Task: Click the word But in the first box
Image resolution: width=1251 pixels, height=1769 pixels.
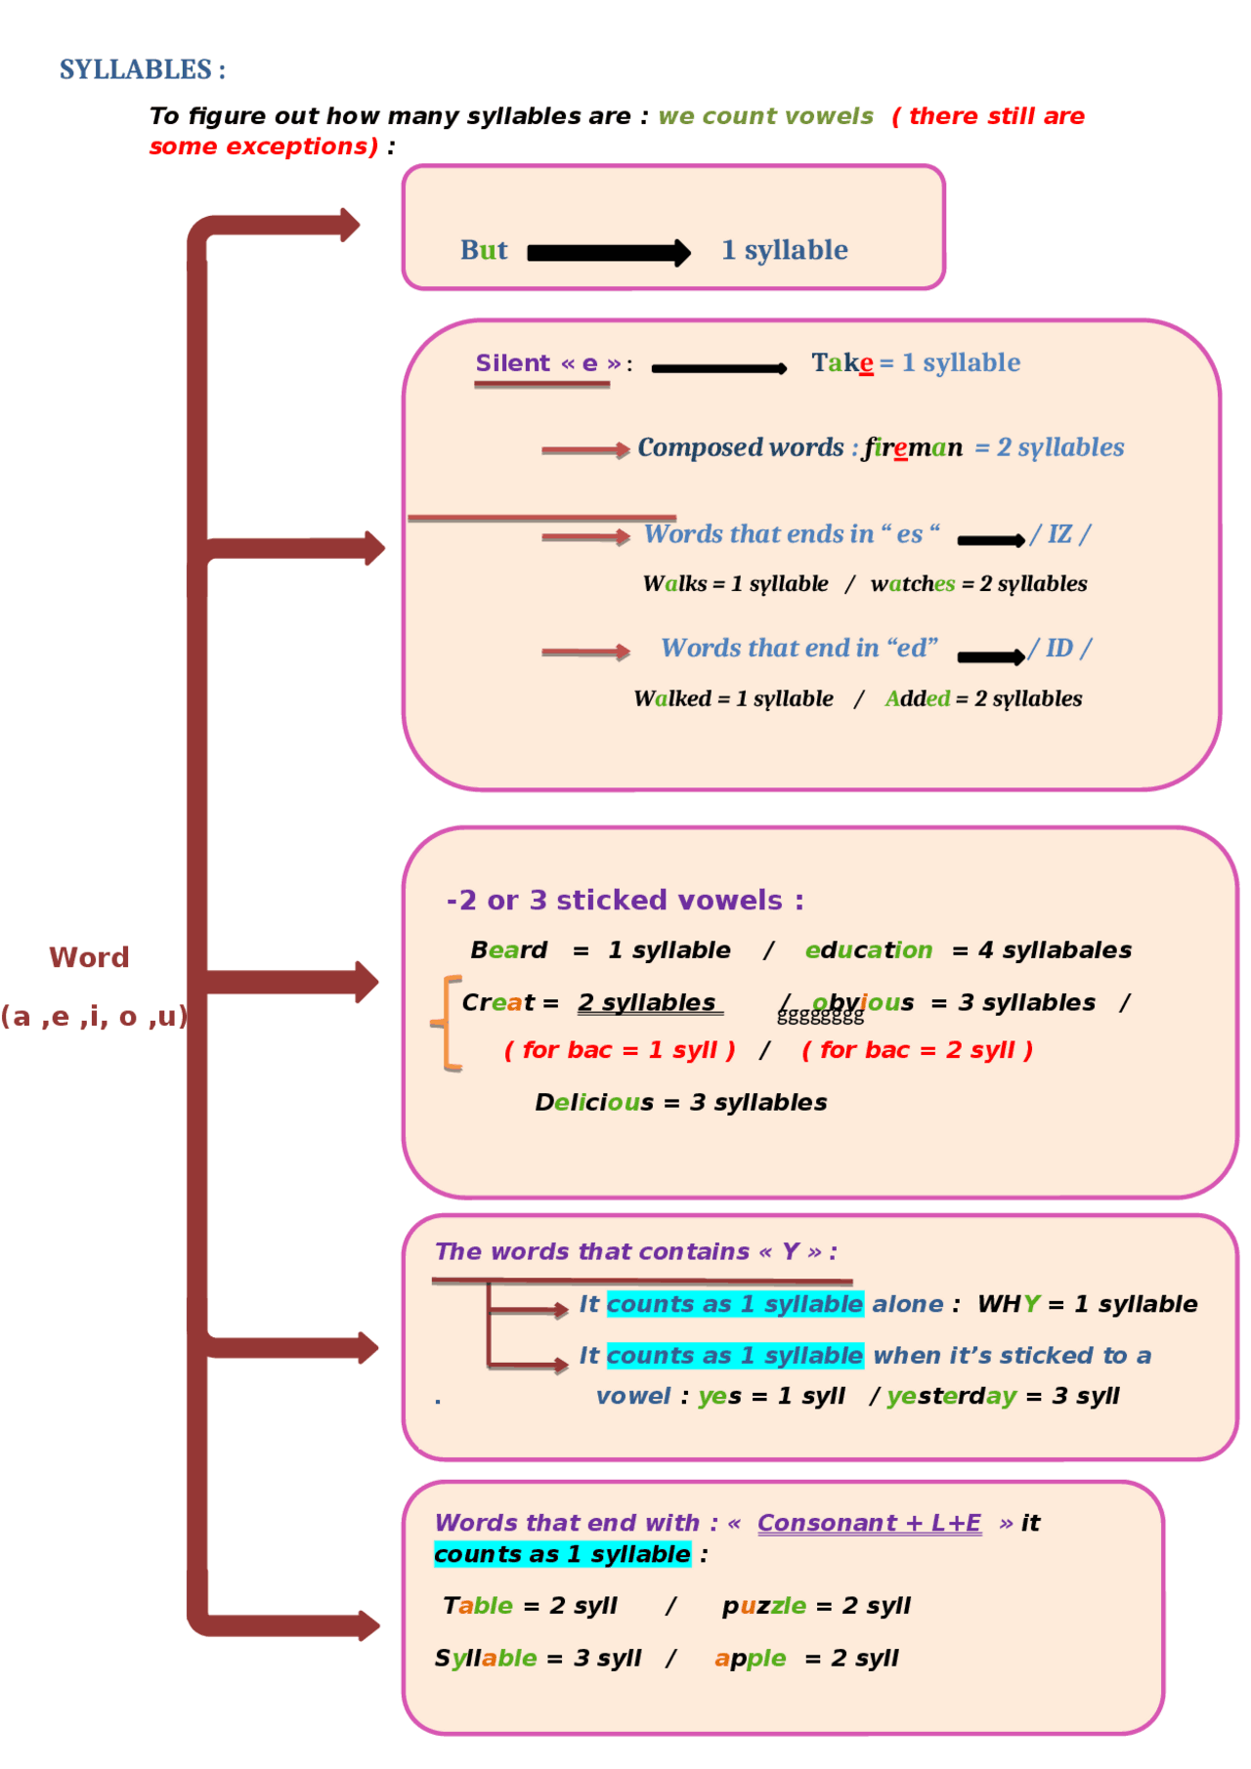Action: pyautogui.click(x=484, y=250)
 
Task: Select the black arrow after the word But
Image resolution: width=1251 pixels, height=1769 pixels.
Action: pyautogui.click(x=608, y=253)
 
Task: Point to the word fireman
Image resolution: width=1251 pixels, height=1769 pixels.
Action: pyautogui.click(x=913, y=447)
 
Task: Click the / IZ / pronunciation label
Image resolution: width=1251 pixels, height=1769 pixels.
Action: pyautogui.click(x=1059, y=534)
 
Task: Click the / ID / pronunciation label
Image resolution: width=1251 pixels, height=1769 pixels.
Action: pyautogui.click(x=1059, y=649)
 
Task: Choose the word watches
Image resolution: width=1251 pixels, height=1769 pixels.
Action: pyautogui.click(x=913, y=584)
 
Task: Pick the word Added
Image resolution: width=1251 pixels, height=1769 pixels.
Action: pyautogui.click(x=917, y=699)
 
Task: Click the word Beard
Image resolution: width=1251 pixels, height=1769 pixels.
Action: pyautogui.click(x=508, y=950)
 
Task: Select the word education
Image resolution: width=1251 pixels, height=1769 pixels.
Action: pyautogui.click(x=868, y=950)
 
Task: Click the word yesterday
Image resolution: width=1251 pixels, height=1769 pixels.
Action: pyautogui.click(x=952, y=1396)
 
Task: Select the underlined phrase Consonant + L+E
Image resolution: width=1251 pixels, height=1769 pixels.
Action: pyautogui.click(x=869, y=1523)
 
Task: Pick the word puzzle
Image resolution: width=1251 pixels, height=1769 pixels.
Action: pyautogui.click(x=764, y=1606)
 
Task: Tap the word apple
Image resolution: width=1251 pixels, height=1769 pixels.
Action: pyautogui.click(x=750, y=1659)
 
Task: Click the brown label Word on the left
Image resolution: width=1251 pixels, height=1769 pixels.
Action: pyautogui.click(x=89, y=957)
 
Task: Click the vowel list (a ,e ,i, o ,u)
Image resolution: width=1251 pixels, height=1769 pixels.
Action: pyautogui.click(x=94, y=1017)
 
